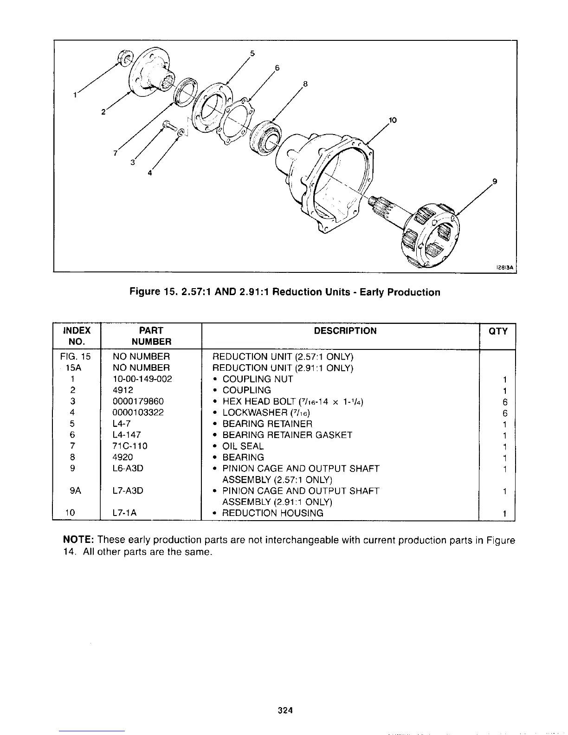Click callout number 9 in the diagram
coord(495,182)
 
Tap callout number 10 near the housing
coord(393,120)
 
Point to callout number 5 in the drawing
coord(252,53)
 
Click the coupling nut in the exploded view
coord(124,58)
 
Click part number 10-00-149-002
coord(142,379)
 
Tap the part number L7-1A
coord(124,513)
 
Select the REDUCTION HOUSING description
coord(273,513)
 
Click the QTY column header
coord(498,331)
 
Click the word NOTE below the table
coord(78,541)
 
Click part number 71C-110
coord(130,446)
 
